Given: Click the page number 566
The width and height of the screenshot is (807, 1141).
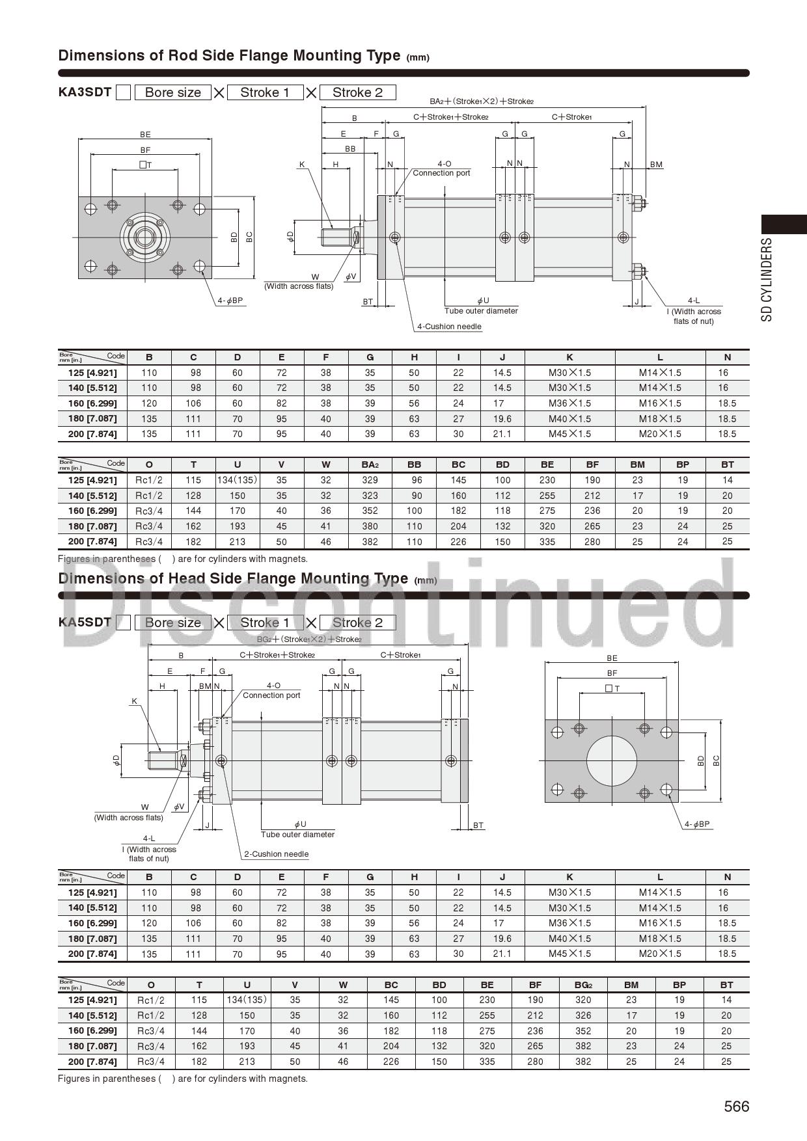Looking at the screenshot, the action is (x=737, y=1107).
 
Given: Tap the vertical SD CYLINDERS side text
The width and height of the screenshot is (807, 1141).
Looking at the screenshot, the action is (x=767, y=280).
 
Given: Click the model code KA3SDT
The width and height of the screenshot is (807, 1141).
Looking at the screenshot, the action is (x=85, y=92).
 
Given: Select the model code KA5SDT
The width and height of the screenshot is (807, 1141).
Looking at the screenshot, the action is (x=85, y=622).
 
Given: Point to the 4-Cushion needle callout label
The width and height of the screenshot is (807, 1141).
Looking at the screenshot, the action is (x=449, y=327).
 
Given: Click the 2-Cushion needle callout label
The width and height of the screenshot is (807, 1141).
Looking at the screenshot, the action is (x=276, y=854).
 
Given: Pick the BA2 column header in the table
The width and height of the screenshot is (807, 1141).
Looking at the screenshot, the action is (x=370, y=464).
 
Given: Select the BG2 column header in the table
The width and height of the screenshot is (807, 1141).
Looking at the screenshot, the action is (x=583, y=985).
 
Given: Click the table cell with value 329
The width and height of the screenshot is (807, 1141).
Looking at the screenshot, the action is (x=370, y=480).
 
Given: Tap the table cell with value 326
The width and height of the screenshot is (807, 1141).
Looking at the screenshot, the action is (x=583, y=1015).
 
